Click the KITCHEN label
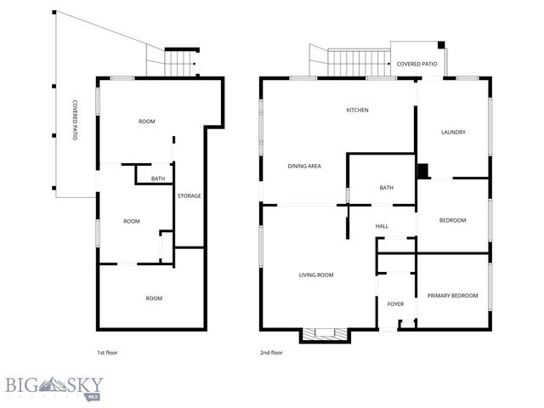click(357, 110)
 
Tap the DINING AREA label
click(303, 166)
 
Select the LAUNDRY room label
click(453, 132)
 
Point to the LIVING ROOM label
click(315, 275)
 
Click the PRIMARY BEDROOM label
click(452, 296)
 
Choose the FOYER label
click(396, 303)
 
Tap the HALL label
click(382, 226)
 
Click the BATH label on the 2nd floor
click(386, 188)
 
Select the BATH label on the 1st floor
click(158, 178)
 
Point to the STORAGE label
click(189, 196)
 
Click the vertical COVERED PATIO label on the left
click(75, 119)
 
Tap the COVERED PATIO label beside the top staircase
click(416, 64)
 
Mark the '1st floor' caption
click(107, 352)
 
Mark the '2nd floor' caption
click(271, 352)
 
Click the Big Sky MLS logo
click(53, 387)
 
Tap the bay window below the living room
click(324, 335)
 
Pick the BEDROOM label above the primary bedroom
click(452, 221)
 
